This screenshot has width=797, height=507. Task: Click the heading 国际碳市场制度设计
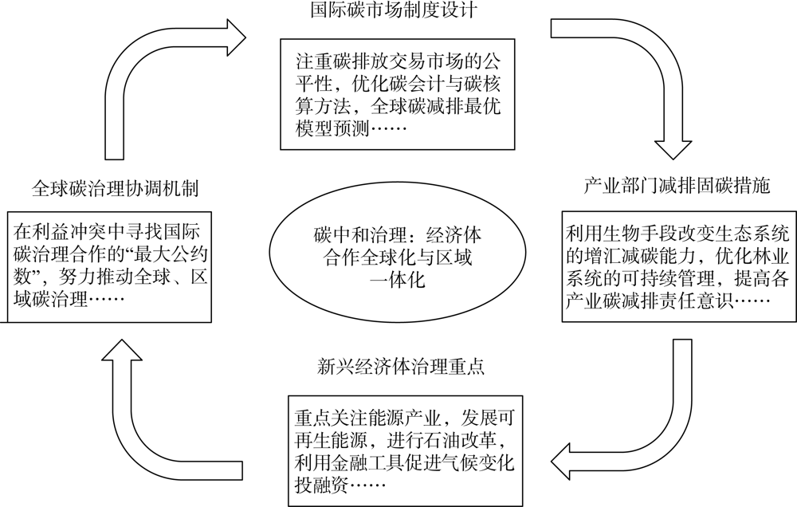click(x=394, y=10)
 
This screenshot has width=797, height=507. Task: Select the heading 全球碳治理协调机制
click(x=115, y=188)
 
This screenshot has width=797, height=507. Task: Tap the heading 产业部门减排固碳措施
click(x=677, y=186)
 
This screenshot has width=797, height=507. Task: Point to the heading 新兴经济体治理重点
click(x=401, y=366)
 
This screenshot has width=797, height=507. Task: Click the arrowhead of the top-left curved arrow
click(x=237, y=37)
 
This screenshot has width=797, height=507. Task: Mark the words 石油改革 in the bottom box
click(x=463, y=439)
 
